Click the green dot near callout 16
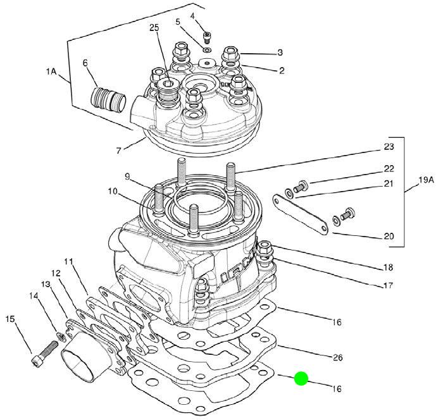301,378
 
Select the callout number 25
154,28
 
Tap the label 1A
51,71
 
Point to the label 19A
426,180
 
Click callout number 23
389,147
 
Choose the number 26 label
337,357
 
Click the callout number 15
10,319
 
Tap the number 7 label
119,151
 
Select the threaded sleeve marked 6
109,100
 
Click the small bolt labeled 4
207,37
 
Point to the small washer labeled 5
207,50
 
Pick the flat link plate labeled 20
300,213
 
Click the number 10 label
113,192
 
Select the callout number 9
127,177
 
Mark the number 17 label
388,285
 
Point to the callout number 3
280,52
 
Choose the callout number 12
56,273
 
